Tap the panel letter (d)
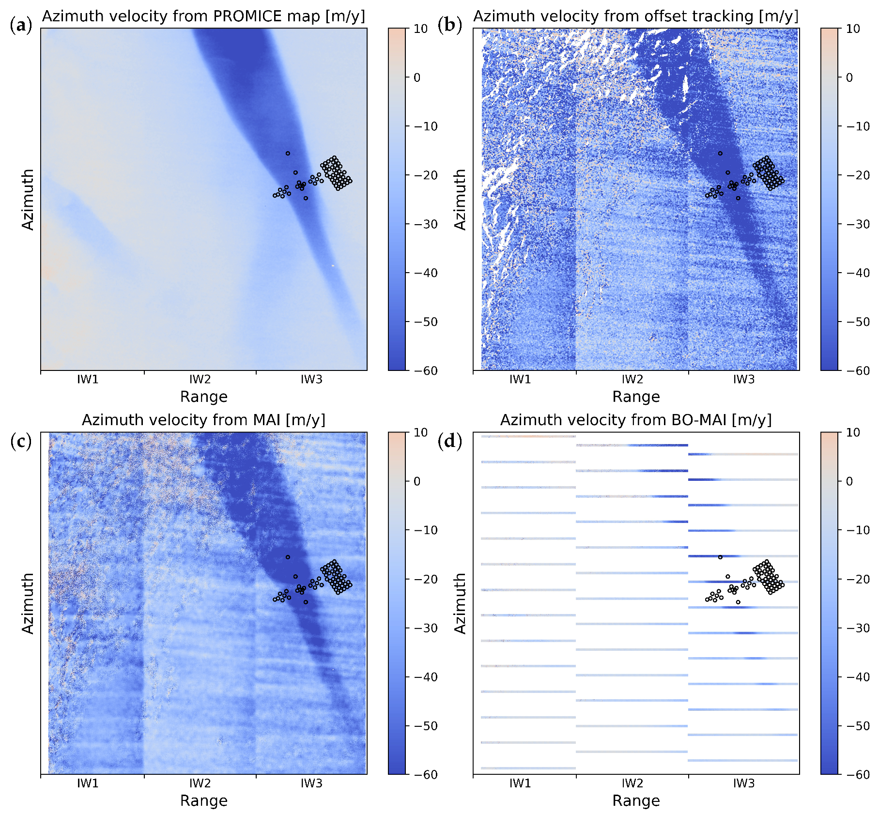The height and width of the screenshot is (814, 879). pos(449,441)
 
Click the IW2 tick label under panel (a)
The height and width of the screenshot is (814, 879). pos(200,380)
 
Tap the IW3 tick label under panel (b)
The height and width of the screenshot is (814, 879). pos(743,380)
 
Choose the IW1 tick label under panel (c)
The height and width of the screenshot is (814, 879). pos(88,783)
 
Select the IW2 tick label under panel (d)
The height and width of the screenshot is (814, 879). pos(632,783)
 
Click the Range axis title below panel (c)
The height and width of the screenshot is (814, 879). pos(203,801)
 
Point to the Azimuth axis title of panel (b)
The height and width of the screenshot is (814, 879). pos(460,200)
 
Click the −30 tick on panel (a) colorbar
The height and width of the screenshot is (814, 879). pos(426,224)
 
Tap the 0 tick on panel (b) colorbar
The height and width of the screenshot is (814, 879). pos(849,77)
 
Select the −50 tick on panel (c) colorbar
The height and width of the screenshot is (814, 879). pos(426,726)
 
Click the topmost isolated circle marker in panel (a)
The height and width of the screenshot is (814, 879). pos(288,154)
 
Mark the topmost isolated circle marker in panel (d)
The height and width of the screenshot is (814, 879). pos(720,557)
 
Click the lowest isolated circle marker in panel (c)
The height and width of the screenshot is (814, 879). pos(306,602)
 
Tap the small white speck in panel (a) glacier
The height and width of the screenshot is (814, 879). pos(333,266)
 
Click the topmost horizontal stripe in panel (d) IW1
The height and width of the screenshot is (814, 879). pos(528,436)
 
